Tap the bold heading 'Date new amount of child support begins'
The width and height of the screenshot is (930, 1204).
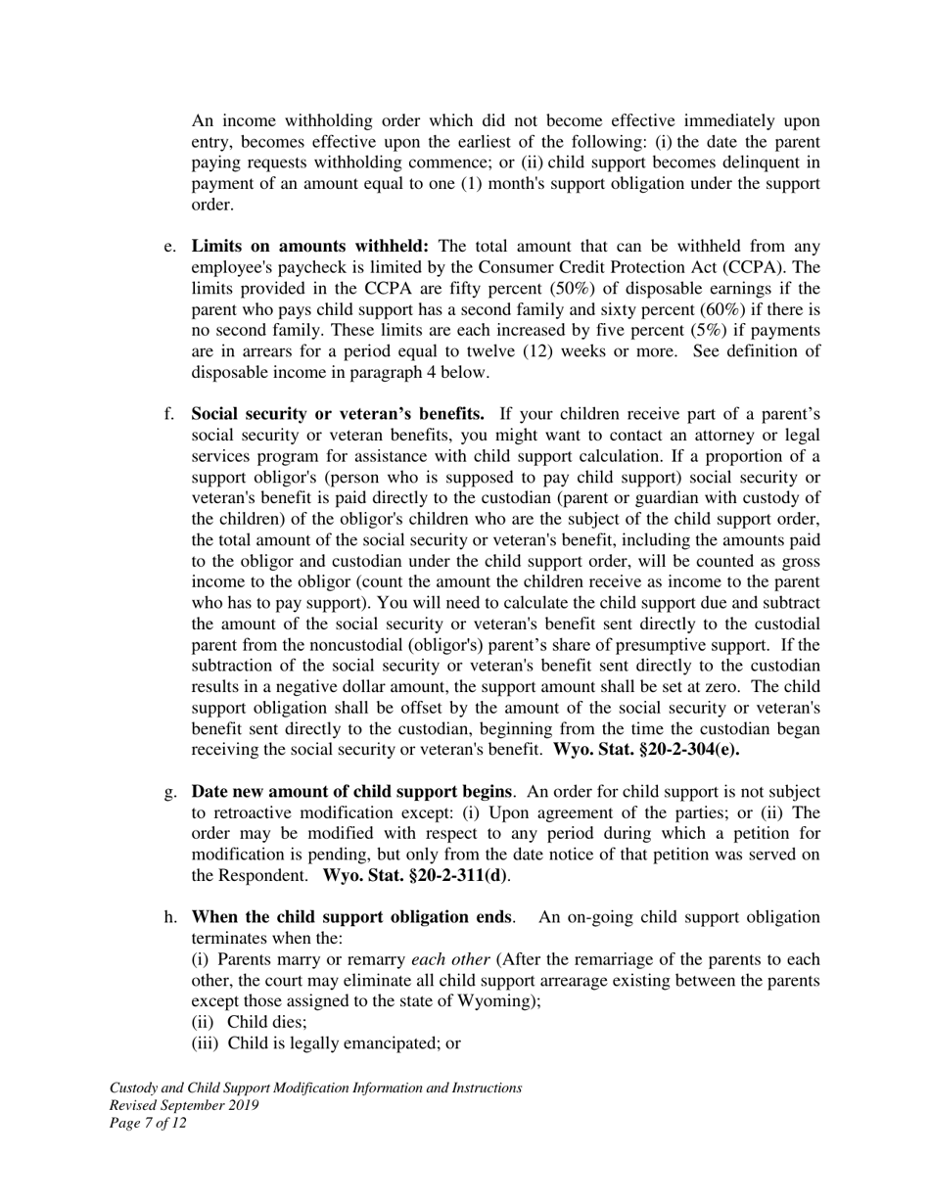pos(351,791)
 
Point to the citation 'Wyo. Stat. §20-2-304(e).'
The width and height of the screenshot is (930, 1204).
pos(646,750)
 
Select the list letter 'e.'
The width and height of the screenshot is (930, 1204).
pos(170,247)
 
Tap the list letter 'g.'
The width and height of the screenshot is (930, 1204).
pos(170,791)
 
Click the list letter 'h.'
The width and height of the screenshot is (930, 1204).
pos(170,917)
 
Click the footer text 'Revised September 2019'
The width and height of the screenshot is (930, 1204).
pos(184,1105)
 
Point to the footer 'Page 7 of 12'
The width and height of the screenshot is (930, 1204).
pos(148,1123)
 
